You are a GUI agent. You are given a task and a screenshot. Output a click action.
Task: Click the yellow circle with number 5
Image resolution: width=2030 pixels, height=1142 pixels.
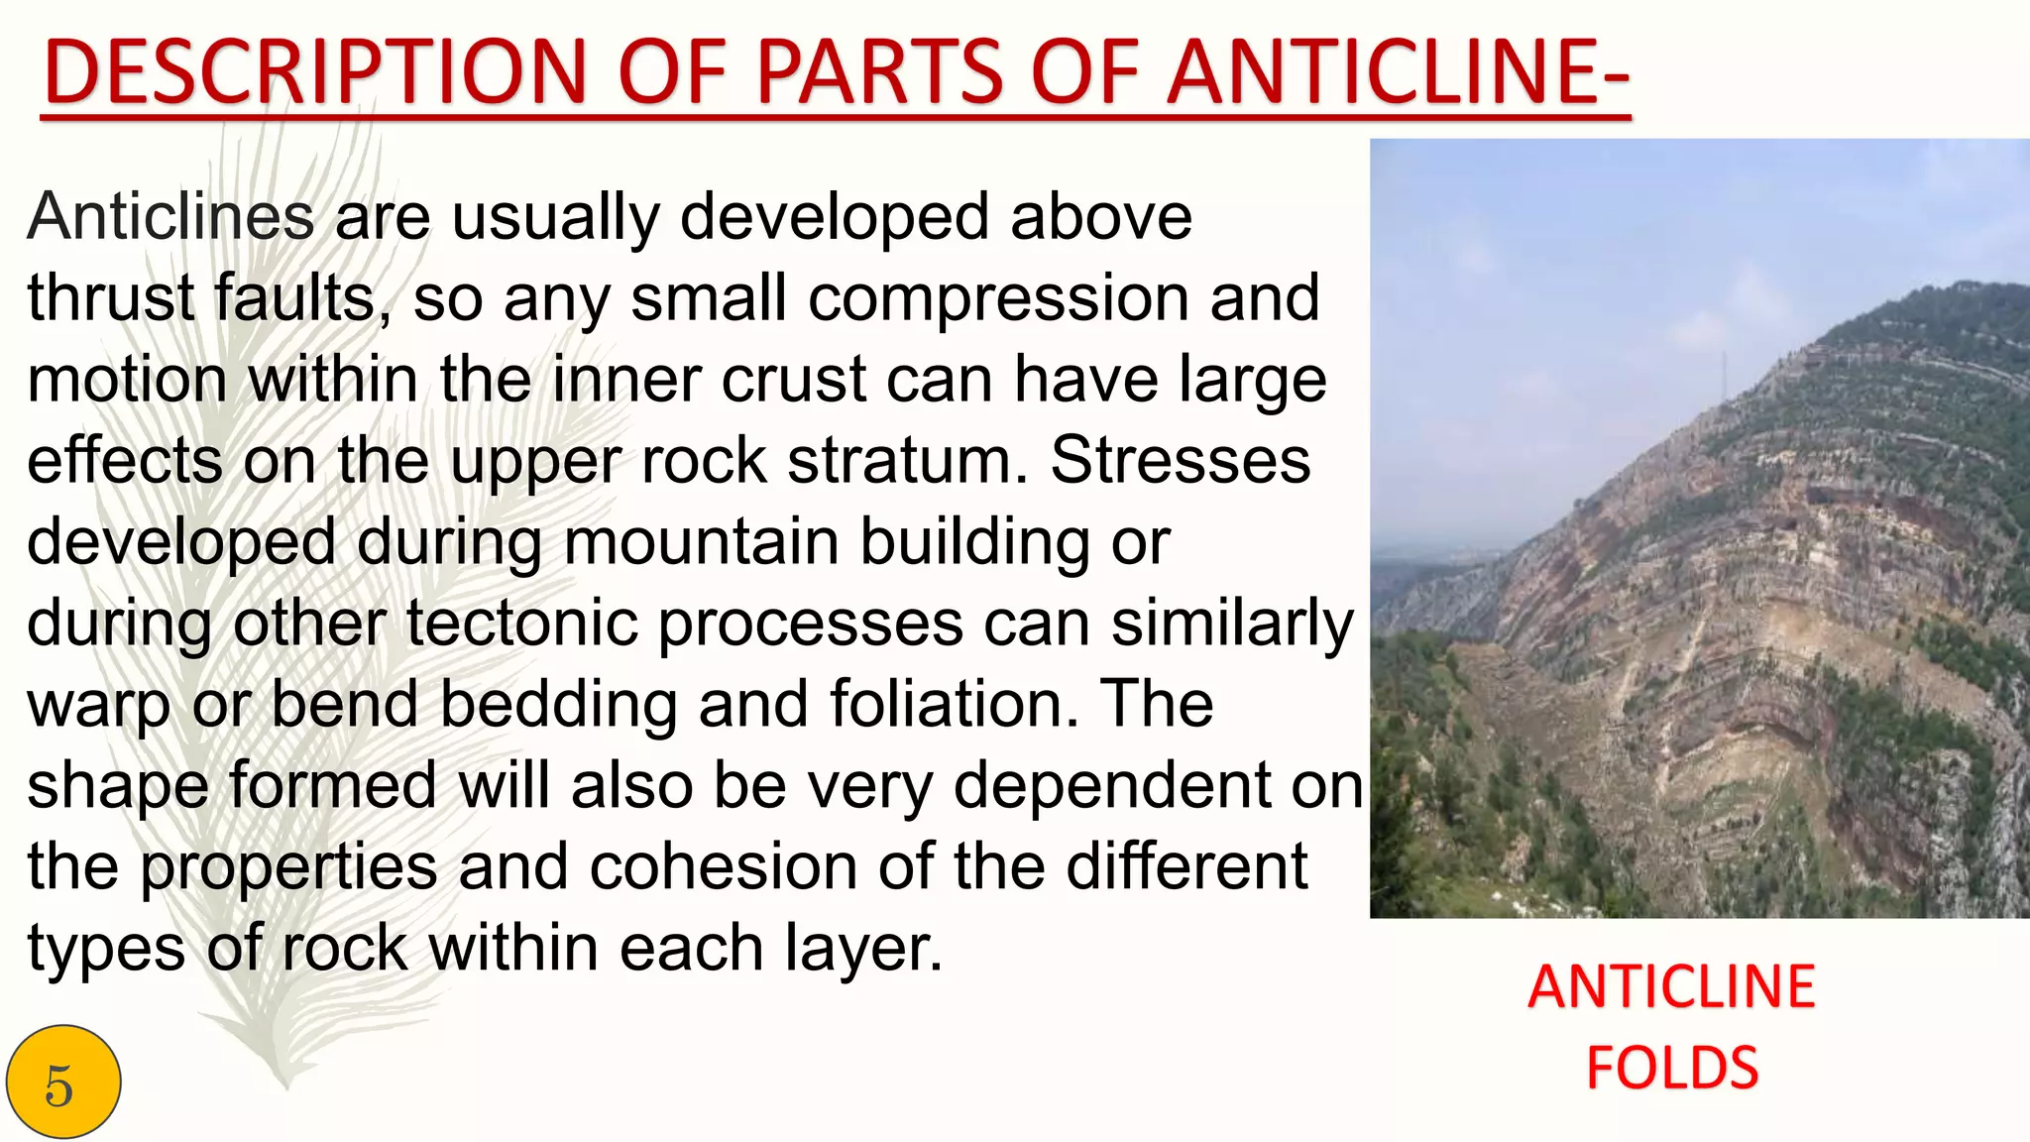(62, 1083)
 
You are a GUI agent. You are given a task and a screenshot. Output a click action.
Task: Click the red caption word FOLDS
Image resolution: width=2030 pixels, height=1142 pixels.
(1672, 1068)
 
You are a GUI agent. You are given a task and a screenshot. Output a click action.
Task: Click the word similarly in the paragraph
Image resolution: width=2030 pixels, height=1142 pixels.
(1232, 625)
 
